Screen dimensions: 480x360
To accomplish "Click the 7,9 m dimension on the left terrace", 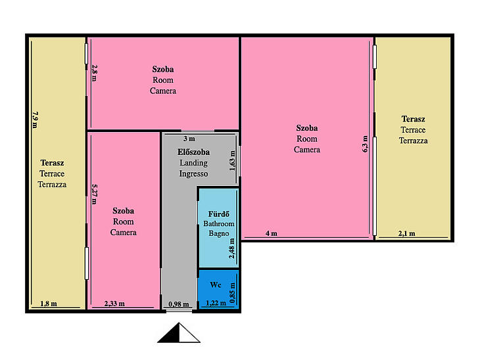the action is click(36, 120).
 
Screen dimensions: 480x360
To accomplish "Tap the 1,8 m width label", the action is click(49, 304).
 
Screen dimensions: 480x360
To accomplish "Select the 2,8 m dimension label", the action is click(95, 73).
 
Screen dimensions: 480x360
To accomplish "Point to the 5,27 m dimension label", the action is click(95, 194).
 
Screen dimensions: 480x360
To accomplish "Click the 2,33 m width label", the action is click(114, 304).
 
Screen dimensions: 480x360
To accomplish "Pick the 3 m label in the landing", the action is click(189, 139).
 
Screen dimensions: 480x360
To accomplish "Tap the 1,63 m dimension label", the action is click(232, 161).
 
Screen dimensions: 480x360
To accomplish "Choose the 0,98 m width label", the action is click(179, 304).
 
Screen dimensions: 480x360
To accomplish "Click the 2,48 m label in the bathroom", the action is click(232, 248).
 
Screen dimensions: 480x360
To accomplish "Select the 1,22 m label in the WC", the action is click(216, 303).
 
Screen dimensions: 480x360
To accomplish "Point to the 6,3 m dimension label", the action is click(365, 144).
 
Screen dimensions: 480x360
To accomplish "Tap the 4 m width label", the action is click(271, 233).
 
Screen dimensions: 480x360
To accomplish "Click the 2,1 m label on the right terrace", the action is click(407, 233).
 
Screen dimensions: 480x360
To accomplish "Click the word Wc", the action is click(216, 284).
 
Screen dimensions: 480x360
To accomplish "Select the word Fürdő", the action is click(218, 214).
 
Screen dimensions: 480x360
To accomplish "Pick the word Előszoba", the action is click(193, 152).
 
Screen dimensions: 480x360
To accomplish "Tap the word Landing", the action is click(193, 163).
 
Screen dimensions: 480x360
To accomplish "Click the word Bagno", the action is click(218, 233).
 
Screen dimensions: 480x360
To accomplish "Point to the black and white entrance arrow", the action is click(179, 332).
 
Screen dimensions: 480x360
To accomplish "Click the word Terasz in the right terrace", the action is click(414, 119).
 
